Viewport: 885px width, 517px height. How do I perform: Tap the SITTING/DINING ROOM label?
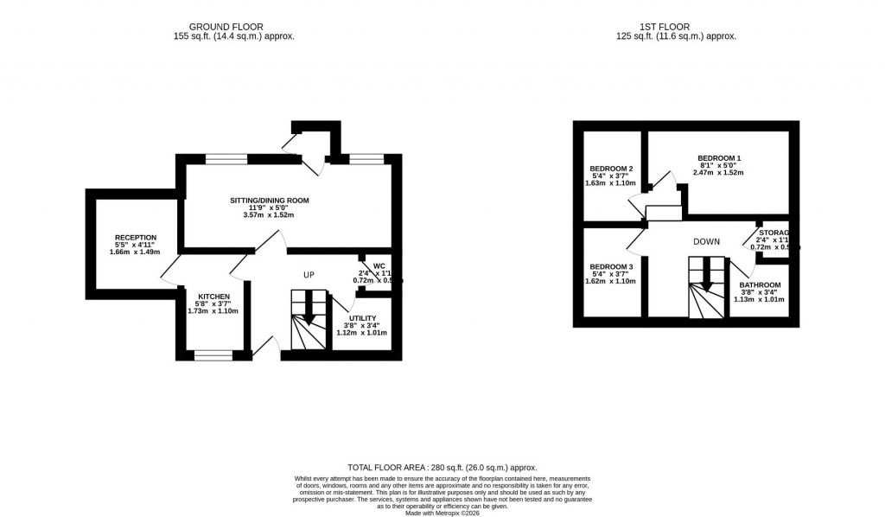click(269, 201)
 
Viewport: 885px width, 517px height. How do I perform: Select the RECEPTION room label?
click(136, 237)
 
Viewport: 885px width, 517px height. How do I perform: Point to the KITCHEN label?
click(213, 296)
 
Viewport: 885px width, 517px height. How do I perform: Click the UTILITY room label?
click(362, 318)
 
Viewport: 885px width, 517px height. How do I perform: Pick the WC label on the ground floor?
click(379, 266)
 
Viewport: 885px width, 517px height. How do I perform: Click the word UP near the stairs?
click(309, 275)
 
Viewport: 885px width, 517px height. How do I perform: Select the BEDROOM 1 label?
click(719, 158)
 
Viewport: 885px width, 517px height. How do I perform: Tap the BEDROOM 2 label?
click(611, 169)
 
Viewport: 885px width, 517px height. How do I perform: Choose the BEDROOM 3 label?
click(611, 266)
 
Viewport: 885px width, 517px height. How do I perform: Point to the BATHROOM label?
click(759, 285)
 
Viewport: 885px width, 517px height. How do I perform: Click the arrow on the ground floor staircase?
click(309, 311)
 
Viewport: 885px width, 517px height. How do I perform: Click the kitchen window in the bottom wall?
click(213, 354)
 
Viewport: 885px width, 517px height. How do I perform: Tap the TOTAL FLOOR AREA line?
click(442, 466)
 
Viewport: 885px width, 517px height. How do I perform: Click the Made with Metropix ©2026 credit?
click(442, 513)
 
